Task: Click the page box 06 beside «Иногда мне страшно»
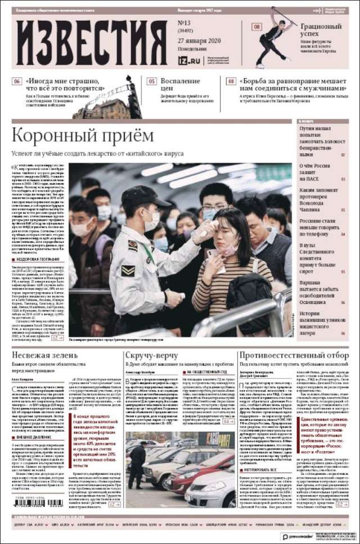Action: [x=17, y=81]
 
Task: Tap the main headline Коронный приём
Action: [x=82, y=136]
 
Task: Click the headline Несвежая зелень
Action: [x=44, y=356]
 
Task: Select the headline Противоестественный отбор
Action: [x=294, y=356]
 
